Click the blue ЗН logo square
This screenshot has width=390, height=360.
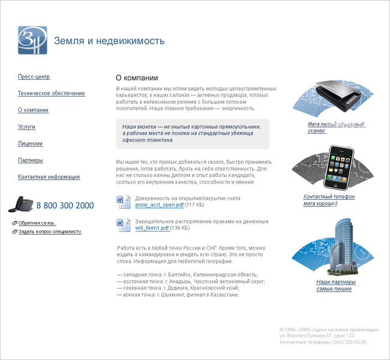(x=32, y=40)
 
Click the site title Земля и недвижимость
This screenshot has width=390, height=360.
(x=109, y=41)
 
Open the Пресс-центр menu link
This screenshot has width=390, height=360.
(x=34, y=77)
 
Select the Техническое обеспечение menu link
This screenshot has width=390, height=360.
(x=52, y=94)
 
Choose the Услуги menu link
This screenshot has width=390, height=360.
(x=27, y=127)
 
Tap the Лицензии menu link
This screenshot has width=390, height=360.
(x=30, y=144)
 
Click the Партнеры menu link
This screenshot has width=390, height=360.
(x=31, y=161)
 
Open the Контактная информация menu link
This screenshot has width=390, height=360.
(x=49, y=178)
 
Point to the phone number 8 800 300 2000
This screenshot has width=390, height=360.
(x=65, y=205)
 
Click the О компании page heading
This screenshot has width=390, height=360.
(x=137, y=78)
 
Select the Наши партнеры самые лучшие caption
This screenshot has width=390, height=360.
(x=335, y=285)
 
